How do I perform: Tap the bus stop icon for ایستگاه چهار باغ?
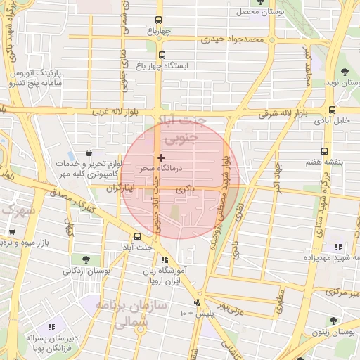(x=162, y=55)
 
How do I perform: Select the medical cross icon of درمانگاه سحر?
(x=162, y=157)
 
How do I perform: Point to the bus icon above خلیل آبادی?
(x=332, y=110)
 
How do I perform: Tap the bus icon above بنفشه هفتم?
(x=324, y=151)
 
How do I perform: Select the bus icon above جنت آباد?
(x=138, y=237)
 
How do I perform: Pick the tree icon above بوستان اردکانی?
(x=86, y=260)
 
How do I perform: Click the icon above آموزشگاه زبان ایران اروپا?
(x=165, y=259)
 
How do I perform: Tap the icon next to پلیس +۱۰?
(x=196, y=303)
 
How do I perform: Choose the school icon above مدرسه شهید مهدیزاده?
(x=338, y=247)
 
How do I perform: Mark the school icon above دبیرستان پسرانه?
(x=51, y=327)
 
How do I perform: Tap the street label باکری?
(x=184, y=191)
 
